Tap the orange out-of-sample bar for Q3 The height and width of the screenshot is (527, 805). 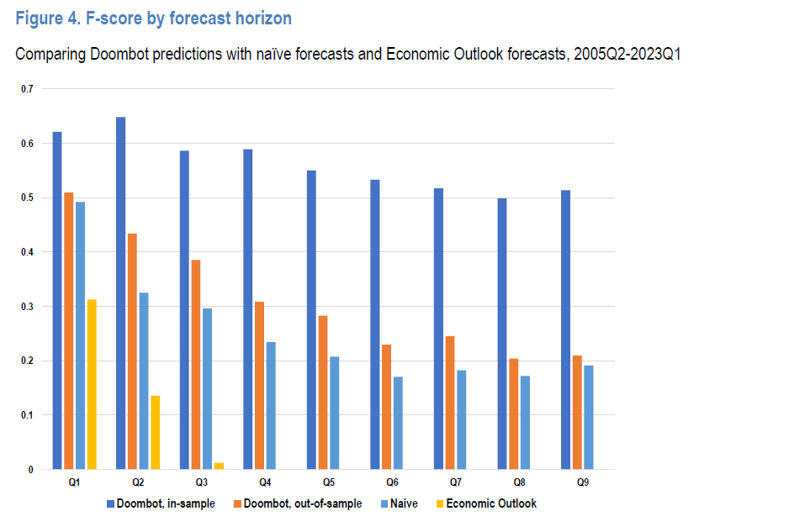[x=196, y=364]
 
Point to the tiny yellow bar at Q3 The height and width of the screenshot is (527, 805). [x=219, y=466]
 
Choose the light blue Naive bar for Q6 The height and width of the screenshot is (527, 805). [x=398, y=423]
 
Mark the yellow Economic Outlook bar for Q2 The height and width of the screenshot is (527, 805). [x=155, y=432]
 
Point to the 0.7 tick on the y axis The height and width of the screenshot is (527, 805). [x=28, y=89]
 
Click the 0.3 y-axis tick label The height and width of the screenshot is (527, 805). [x=28, y=307]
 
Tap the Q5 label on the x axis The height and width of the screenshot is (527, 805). [x=329, y=482]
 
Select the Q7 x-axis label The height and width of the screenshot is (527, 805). [x=456, y=482]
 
